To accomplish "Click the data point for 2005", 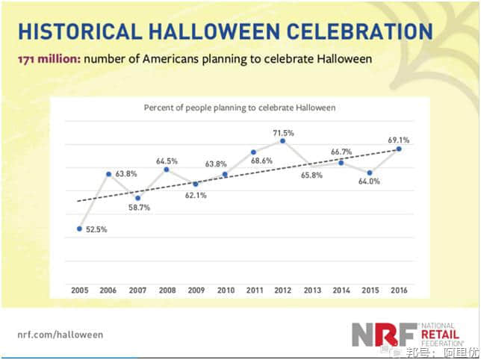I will pos(79,229).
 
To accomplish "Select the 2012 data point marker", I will pos(282,140).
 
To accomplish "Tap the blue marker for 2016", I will pos(399,149).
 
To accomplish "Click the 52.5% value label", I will pos(95,229).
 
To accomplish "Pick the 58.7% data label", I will pos(137,207).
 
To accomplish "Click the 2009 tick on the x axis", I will pos(196,289).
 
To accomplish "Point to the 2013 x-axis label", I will pos(311,289).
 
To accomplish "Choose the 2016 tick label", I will pos(399,289).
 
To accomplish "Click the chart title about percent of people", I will pos(239,108).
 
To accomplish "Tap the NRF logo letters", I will pos(379,335).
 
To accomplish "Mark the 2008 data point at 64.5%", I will pos(167,170).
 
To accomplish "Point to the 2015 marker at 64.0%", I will pos(370,173).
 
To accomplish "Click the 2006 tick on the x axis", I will pos(108,289).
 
